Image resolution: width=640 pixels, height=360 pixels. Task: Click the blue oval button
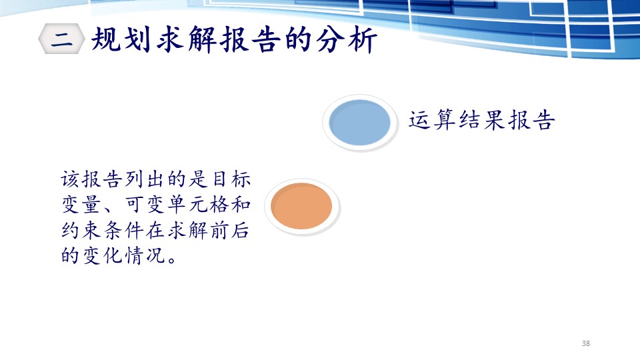pyautogui.click(x=359, y=123)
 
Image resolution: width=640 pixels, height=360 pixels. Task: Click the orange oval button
pyautogui.click(x=301, y=206)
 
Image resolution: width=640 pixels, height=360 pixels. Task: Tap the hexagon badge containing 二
pyautogui.click(x=61, y=39)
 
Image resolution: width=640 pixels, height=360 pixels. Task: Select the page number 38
pyautogui.click(x=586, y=343)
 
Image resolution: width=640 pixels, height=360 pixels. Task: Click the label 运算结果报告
pyautogui.click(x=482, y=120)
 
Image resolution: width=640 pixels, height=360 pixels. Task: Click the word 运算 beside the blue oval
pyautogui.click(x=432, y=120)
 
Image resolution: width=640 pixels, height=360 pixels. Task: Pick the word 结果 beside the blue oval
pyautogui.click(x=482, y=120)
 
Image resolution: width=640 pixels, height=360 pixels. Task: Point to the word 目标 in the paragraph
pyautogui.click(x=231, y=179)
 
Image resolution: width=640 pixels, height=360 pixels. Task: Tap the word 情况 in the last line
pyautogui.click(x=145, y=256)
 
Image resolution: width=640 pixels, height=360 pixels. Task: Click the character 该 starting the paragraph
pyautogui.click(x=71, y=179)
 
